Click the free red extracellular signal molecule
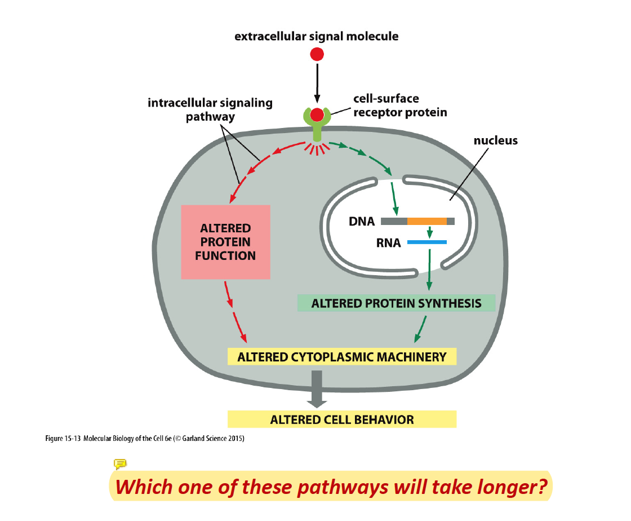click(x=317, y=55)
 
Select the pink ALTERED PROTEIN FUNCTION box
click(x=225, y=242)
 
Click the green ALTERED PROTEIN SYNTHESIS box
click(x=396, y=303)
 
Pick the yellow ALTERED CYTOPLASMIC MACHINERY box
click(x=341, y=357)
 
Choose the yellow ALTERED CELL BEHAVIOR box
click(x=341, y=420)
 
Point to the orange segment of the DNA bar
click(x=426, y=221)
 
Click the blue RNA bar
click(x=426, y=242)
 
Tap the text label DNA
click(x=362, y=222)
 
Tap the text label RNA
click(x=389, y=243)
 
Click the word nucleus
click(x=495, y=140)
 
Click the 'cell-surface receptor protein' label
click(x=399, y=105)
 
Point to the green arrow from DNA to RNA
click(x=430, y=232)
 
